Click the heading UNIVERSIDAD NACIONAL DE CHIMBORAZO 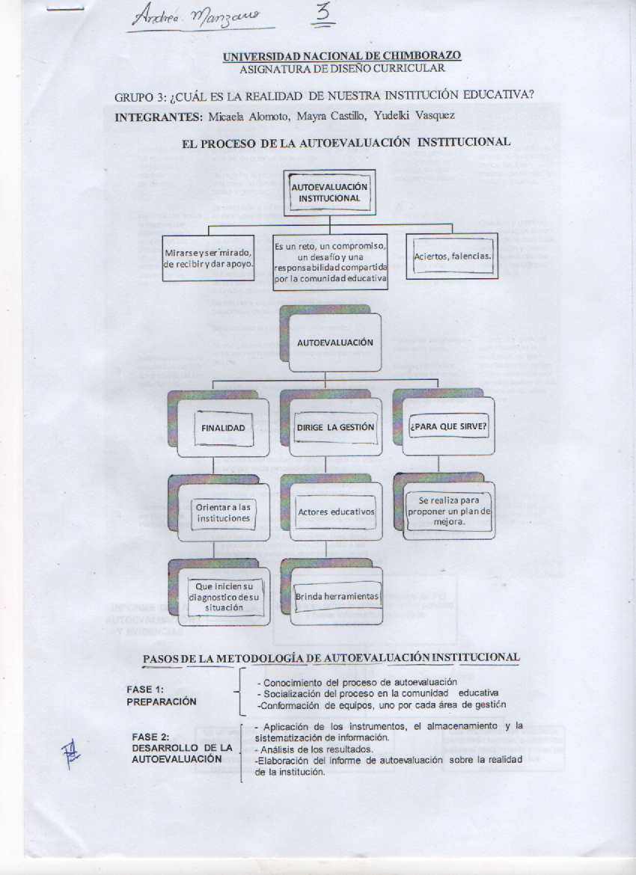pyautogui.click(x=342, y=55)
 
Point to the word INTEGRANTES pyautogui.click(x=158, y=117)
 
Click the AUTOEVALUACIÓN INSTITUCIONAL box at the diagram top pyautogui.click(x=330, y=192)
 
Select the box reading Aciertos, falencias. pyautogui.click(x=452, y=257)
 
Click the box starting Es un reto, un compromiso pyautogui.click(x=330, y=262)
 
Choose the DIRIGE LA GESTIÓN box pyautogui.click(x=335, y=427)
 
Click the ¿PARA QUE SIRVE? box pyautogui.click(x=448, y=427)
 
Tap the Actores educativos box pyautogui.click(x=336, y=512)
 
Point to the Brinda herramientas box pyautogui.click(x=337, y=596)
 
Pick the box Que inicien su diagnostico pyautogui.click(x=222, y=597)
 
